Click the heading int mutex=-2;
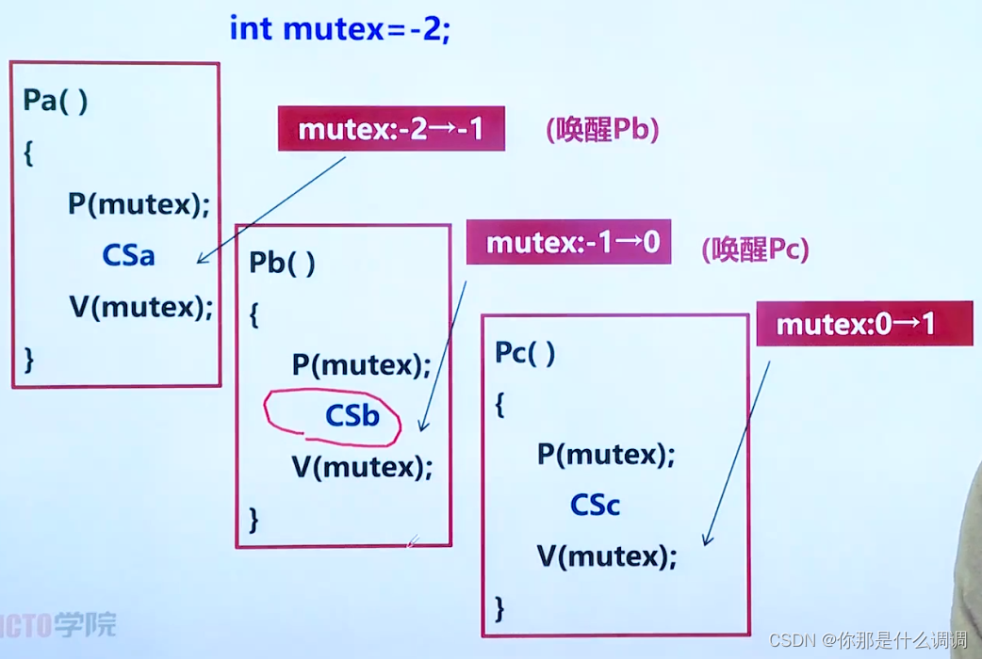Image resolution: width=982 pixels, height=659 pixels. pyautogui.click(x=340, y=28)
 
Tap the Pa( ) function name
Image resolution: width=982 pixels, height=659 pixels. pyautogui.click(x=56, y=101)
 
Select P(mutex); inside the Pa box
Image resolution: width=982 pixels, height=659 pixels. pyautogui.click(x=139, y=203)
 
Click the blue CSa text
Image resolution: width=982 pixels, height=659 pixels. pyautogui.click(x=128, y=255)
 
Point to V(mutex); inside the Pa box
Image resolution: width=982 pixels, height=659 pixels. pyautogui.click(x=140, y=307)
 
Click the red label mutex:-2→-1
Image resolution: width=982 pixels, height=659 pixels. pyautogui.click(x=391, y=129)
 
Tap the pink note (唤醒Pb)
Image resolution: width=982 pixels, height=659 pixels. pyautogui.click(x=601, y=130)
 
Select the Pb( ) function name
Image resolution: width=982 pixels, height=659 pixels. pyautogui.click(x=282, y=263)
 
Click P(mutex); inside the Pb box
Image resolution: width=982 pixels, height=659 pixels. pyautogui.click(x=361, y=364)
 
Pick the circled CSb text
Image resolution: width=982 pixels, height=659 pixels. pyautogui.click(x=352, y=415)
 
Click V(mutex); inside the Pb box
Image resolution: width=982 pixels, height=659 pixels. pyautogui.click(x=362, y=467)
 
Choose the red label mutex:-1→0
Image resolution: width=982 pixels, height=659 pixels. pyautogui.click(x=568, y=244)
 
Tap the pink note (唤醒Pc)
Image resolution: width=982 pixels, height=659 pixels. pyautogui.click(x=754, y=249)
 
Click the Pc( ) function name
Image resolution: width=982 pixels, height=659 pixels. pyautogui.click(x=525, y=353)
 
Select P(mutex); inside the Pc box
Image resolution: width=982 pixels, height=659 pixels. pyautogui.click(x=606, y=455)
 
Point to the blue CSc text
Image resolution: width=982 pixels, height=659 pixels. pyautogui.click(x=596, y=506)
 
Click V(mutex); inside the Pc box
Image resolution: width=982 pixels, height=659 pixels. pyautogui.click(x=607, y=556)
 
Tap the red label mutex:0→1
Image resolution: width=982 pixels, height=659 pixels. pyautogui.click(x=863, y=325)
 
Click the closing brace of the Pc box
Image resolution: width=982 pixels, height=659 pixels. pyautogui.click(x=499, y=608)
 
